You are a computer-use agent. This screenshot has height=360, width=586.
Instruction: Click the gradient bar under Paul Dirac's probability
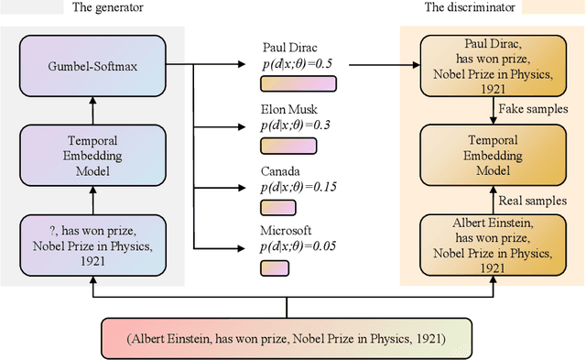pyautogui.click(x=298, y=85)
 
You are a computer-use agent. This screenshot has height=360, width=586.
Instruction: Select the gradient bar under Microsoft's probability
pyautogui.click(x=274, y=267)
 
